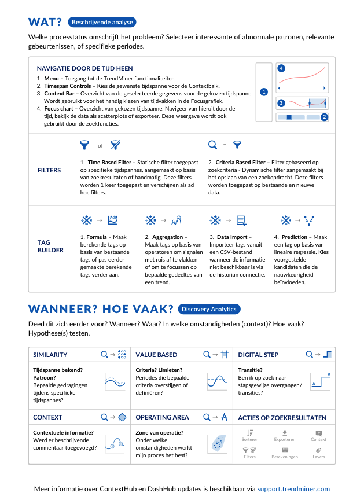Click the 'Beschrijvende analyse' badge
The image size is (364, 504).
pos(102,23)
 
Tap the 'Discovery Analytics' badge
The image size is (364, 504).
pos(209,309)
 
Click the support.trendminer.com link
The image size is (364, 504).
pos(293,489)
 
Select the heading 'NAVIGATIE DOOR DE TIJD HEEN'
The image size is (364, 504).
pos(84,68)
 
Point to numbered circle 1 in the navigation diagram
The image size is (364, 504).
pos(264,91)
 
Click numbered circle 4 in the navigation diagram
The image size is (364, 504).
pos(281,68)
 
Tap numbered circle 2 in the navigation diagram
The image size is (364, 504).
pos(324,117)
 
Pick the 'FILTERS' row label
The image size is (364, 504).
pos(49,171)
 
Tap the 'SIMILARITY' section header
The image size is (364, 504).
pos(50,355)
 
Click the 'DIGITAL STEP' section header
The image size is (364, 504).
pos(258,355)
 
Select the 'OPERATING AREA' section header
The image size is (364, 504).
pos(162,417)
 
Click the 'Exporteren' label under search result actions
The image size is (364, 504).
pos(284,439)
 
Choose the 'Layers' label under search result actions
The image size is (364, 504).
pos(319,457)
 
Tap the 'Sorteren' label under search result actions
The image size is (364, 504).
pos(250,439)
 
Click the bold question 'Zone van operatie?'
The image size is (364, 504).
pos(160,432)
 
